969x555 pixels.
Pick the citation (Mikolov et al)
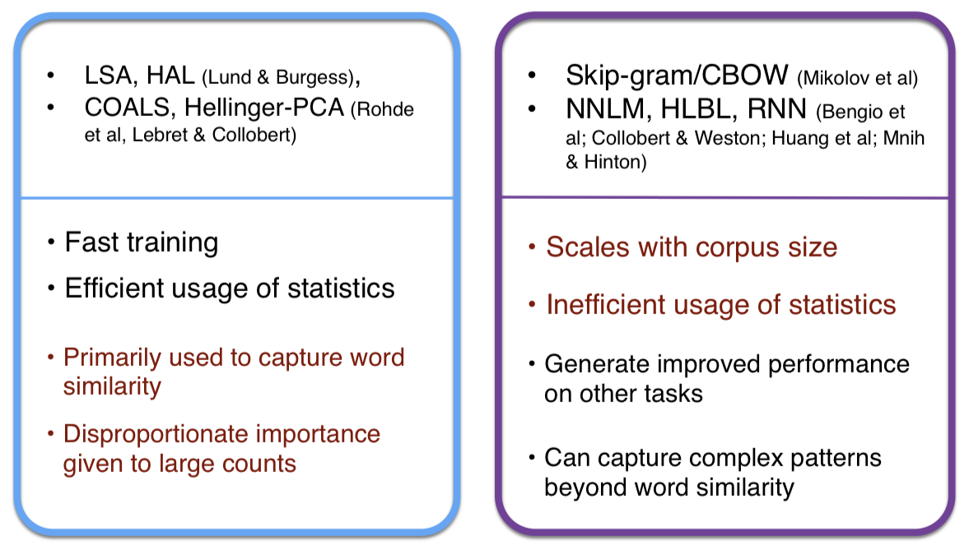857,79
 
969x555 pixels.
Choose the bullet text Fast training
141,243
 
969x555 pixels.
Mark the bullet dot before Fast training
51,243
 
